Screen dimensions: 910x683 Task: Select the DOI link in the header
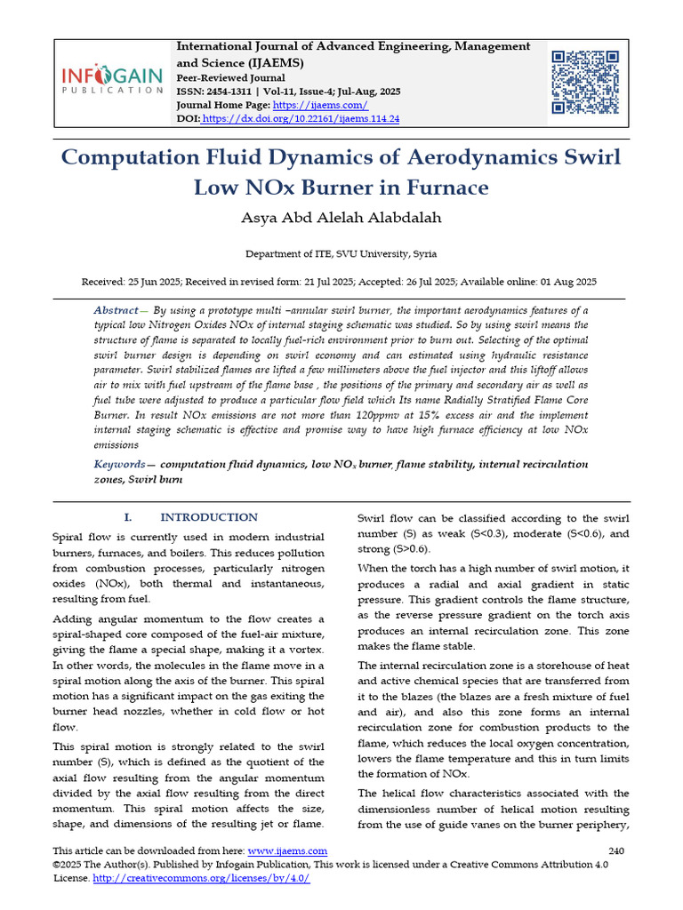click(x=301, y=118)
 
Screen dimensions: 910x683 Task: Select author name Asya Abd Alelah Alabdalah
click(x=341, y=218)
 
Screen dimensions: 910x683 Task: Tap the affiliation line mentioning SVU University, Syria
click(x=341, y=253)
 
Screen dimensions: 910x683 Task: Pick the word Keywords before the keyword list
click(x=119, y=464)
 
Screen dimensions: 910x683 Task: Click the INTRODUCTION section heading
click(x=208, y=517)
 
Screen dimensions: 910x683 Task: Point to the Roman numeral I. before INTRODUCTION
click(x=127, y=517)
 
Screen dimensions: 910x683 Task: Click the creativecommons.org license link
click(x=201, y=877)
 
